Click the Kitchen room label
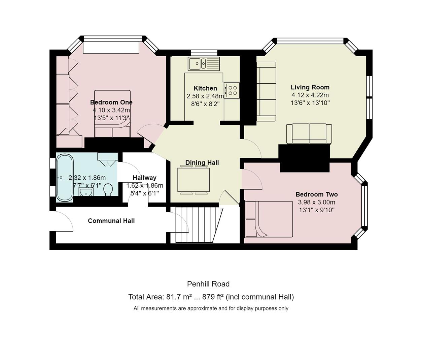(205, 88)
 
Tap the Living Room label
(310, 87)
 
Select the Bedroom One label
(111, 102)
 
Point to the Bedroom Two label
(317, 194)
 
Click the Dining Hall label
(202, 162)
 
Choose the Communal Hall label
(111, 221)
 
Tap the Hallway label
(145, 178)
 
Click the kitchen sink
(204, 64)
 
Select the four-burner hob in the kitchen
(232, 90)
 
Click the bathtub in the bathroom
(65, 178)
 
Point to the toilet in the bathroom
(108, 189)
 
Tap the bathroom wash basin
(86, 192)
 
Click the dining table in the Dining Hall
(194, 180)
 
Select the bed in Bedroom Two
(269, 219)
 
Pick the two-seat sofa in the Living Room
(309, 133)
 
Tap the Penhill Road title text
(208, 284)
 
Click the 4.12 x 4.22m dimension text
(310, 95)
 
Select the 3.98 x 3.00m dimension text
(317, 202)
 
